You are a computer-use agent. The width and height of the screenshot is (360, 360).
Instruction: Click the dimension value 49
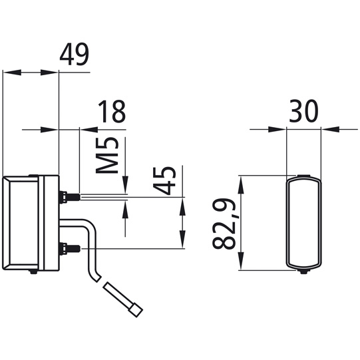75,55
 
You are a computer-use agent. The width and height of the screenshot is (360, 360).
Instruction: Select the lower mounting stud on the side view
69,250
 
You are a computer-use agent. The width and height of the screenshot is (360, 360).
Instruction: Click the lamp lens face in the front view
305,223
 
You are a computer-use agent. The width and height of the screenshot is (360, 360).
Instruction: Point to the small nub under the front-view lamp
305,273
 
